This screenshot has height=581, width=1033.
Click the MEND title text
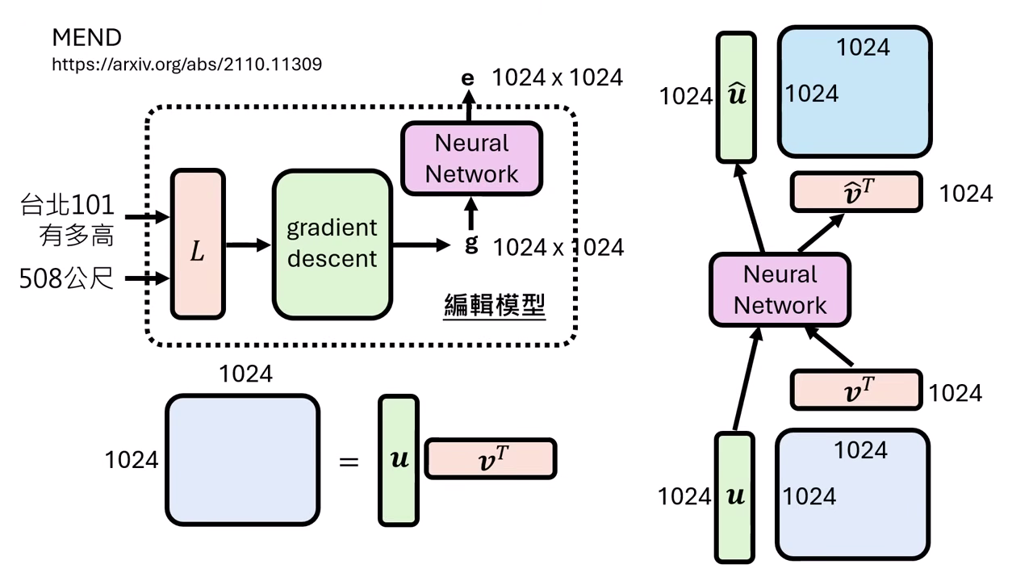coord(87,37)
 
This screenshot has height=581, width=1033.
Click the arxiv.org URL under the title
coord(186,64)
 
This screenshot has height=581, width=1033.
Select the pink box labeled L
coord(198,244)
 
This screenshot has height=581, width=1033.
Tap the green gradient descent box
coord(332,244)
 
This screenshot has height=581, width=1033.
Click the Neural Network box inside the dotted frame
coord(471,158)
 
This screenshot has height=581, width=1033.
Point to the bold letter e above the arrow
coord(467,78)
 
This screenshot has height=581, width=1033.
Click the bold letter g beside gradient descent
coord(471,244)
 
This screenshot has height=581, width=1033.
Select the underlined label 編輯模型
coord(495,307)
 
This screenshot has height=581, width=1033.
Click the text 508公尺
coord(67,279)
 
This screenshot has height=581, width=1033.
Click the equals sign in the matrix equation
coord(349,462)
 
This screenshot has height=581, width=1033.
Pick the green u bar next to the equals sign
coord(399,460)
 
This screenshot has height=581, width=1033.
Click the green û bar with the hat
coord(736,97)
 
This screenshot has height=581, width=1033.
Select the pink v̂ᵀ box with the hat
coord(855,193)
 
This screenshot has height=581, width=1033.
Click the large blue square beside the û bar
coord(855,92)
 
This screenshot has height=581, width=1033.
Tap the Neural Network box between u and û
coord(780,290)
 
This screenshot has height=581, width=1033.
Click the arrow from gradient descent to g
coord(420,244)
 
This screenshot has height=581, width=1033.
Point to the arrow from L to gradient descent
coord(248,244)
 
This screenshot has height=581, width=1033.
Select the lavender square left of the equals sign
coord(242,460)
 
